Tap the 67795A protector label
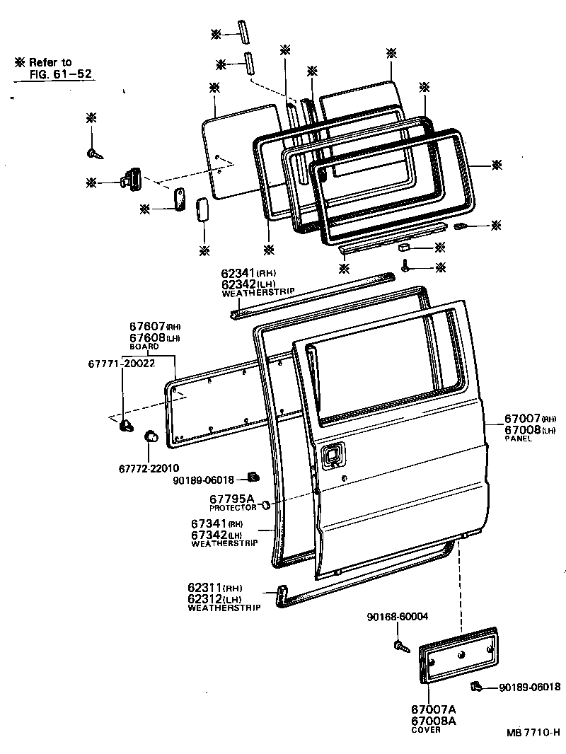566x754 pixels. tap(232, 498)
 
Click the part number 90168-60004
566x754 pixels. tap(397, 617)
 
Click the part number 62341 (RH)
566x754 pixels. tap(248, 273)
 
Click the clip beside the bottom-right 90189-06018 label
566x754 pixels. tap(477, 685)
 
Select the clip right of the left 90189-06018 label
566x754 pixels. tap(250, 476)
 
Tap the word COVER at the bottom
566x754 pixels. tap(425, 730)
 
